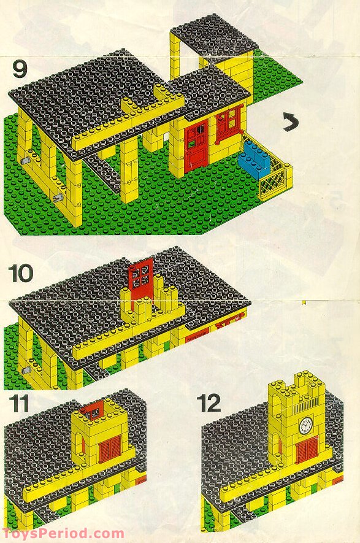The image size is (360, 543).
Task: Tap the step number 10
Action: point(21,273)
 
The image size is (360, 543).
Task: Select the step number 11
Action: point(19,405)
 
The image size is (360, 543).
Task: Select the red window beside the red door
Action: point(228,123)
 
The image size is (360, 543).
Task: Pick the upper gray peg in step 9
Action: point(26,160)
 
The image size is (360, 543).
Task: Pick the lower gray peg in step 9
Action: point(56,198)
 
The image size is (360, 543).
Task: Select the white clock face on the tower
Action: point(305,425)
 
